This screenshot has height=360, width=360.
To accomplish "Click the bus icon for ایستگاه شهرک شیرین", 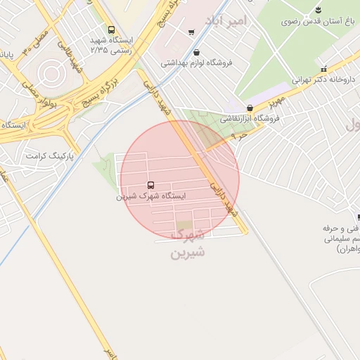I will (151, 186).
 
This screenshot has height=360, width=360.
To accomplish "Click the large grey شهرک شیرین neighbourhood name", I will (187, 243).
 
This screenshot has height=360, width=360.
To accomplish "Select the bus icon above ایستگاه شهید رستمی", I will (112, 30).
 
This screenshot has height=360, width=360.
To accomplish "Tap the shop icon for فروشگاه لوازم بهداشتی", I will (195, 52).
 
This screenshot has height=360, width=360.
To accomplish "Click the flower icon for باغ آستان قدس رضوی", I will (319, 10).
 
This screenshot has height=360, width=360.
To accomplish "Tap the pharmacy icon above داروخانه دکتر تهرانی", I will (323, 69).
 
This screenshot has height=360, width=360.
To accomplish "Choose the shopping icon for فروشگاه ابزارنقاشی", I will (250, 108).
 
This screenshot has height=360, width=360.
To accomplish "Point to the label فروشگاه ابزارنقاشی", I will (250, 119).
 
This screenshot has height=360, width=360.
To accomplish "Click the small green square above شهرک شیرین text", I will (184, 225).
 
